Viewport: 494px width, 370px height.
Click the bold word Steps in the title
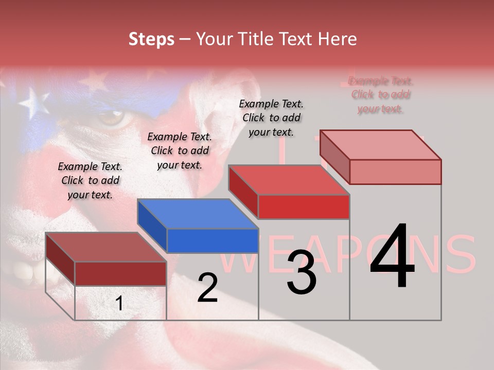coord(151,39)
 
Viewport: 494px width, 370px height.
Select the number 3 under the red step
coord(302,272)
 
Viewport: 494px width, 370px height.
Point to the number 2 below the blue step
coord(207,288)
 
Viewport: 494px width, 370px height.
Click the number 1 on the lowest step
coord(119,304)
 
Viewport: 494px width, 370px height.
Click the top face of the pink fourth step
coord(381,144)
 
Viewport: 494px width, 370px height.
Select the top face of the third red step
coord(289,180)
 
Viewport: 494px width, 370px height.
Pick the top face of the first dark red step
coord(106,247)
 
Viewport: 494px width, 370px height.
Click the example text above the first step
coord(90,180)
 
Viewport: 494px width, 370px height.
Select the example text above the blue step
coord(180,151)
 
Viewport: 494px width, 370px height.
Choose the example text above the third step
coord(271,118)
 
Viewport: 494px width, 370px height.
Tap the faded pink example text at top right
coord(380,95)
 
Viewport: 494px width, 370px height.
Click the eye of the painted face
coord(112,118)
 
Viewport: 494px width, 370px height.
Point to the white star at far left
coord(34,102)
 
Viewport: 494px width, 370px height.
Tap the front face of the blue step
coord(213,240)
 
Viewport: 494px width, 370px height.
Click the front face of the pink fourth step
coord(395,172)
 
